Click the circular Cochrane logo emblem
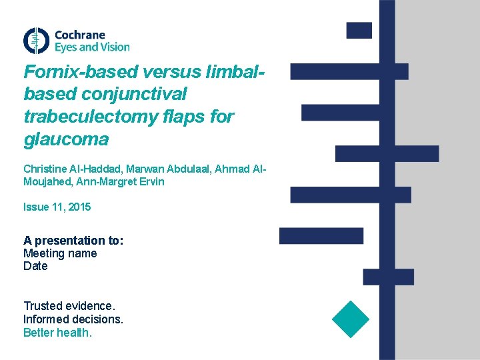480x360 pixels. (x=36, y=41)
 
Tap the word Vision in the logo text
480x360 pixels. (x=115, y=47)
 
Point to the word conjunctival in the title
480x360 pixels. (x=135, y=94)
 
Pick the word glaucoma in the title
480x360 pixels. (x=65, y=139)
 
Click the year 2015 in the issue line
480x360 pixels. (x=79, y=207)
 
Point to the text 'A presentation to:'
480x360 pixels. (x=73, y=240)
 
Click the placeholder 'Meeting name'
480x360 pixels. (x=60, y=253)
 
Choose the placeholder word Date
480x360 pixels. (x=35, y=266)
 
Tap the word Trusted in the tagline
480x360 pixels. (x=43, y=306)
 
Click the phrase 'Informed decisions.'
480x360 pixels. (x=73, y=319)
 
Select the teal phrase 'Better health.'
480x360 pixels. (x=57, y=332)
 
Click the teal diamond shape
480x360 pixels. (x=350, y=319)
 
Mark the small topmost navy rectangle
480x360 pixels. (x=359, y=30)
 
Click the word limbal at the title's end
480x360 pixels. (x=235, y=71)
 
